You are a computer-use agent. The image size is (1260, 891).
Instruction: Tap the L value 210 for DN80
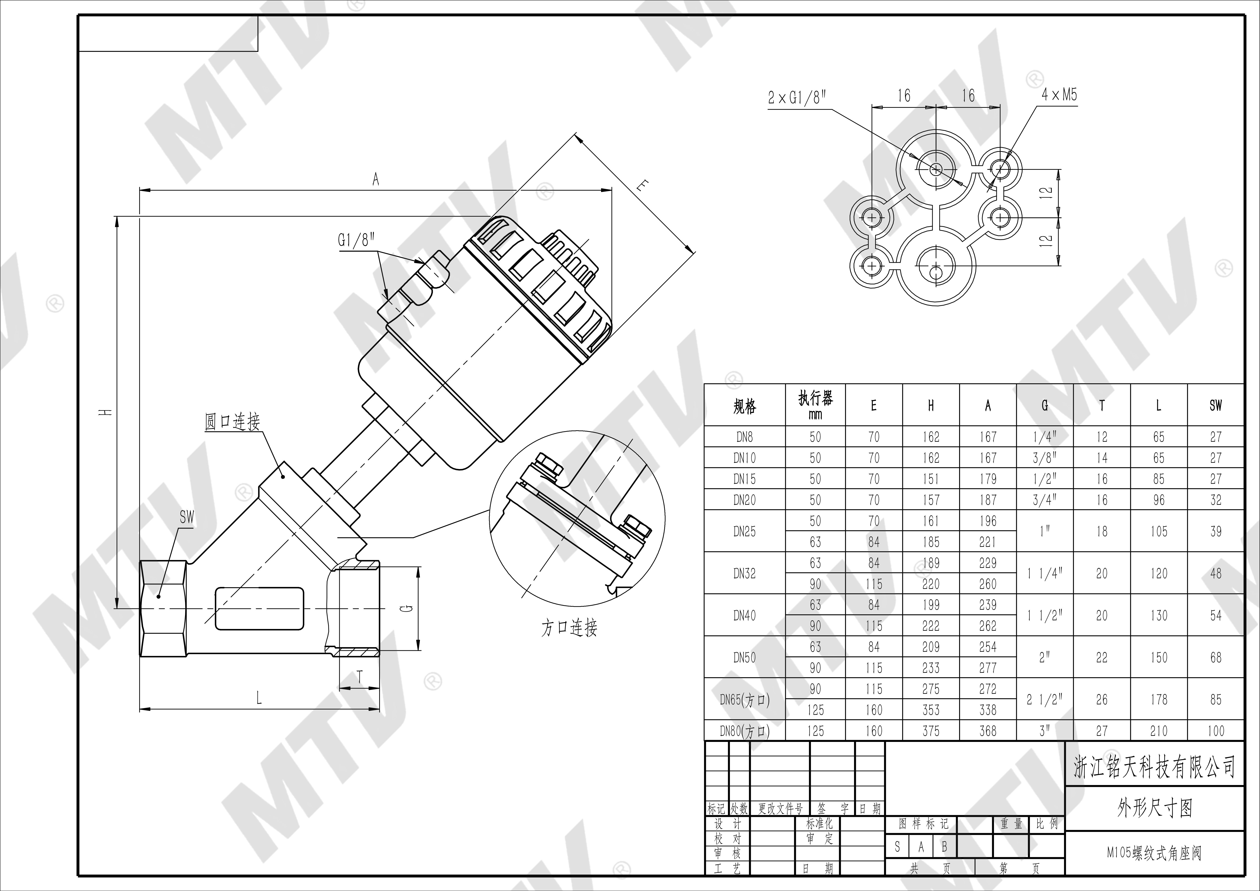click(1159, 731)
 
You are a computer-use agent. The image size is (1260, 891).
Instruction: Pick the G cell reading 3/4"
click(1045, 500)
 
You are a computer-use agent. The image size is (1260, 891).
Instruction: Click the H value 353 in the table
click(931, 710)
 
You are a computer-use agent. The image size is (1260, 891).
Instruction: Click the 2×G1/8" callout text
click(797, 98)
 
